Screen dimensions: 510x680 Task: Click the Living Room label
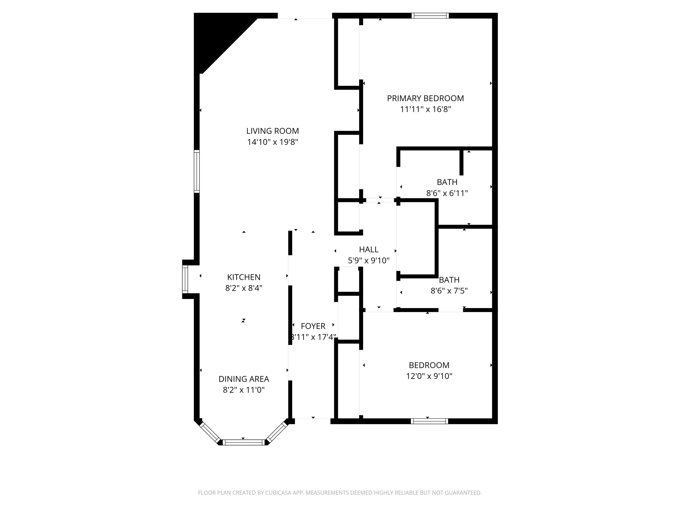coord(272,131)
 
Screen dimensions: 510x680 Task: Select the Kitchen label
coord(243,277)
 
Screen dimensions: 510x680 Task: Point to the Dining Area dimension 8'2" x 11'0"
coord(243,390)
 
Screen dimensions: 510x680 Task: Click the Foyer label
coord(313,326)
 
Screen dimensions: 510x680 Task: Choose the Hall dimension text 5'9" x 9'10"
coord(368,261)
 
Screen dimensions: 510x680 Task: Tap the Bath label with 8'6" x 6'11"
coord(447,182)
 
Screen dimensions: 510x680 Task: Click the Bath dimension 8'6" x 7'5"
coord(449,291)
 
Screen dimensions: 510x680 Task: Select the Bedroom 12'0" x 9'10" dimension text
coord(429,376)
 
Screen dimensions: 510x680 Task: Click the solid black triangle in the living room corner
coord(215,37)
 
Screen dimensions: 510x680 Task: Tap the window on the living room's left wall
coord(197,171)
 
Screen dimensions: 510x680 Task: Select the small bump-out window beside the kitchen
coord(185,279)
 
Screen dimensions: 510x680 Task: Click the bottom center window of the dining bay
coord(243,442)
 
